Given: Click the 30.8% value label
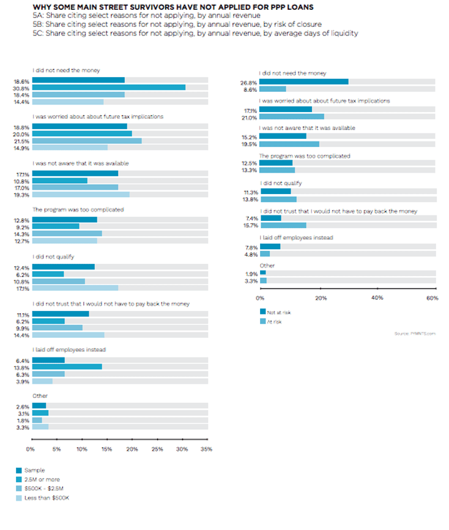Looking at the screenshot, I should pyautogui.click(x=22, y=88).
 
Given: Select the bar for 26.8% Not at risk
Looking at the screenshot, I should pyautogui.click(x=303, y=81).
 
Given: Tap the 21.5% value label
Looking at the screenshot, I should pyautogui.click(x=22, y=141).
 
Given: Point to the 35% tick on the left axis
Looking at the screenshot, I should pyautogui.click(x=206, y=449).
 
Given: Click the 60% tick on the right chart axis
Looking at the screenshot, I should pyautogui.click(x=432, y=299).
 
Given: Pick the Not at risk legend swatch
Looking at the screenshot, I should pyautogui.click(x=262, y=312).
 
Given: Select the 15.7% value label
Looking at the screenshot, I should pyautogui.click(x=250, y=225).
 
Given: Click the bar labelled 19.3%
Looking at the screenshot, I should pyautogui.click(x=80, y=195).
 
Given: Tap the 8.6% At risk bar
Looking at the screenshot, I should pyautogui.click(x=272, y=89).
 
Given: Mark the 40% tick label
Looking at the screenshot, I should pyautogui.click(x=377, y=299).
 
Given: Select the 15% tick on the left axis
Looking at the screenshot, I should pyautogui.click(x=106, y=449).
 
